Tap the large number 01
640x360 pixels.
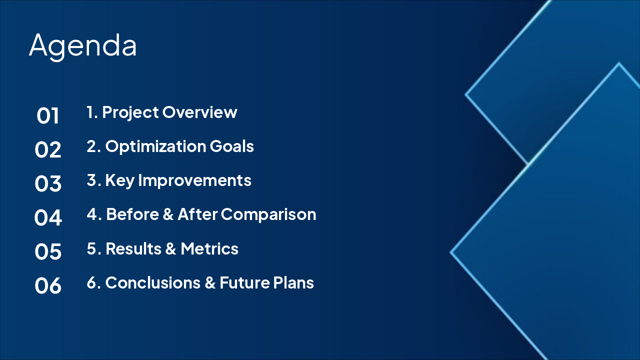[47, 115]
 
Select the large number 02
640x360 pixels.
[47, 149]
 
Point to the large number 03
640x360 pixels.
[47, 183]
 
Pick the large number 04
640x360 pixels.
[47, 217]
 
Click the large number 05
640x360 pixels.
[47, 251]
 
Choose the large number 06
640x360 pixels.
[47, 285]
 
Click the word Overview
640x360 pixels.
[199, 112]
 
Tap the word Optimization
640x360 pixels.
[155, 147]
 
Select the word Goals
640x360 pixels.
[231, 146]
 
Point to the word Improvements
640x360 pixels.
[194, 181]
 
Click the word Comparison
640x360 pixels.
[268, 215]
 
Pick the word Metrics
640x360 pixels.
[209, 248]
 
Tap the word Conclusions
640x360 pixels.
[153, 283]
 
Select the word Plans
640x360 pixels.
[293, 283]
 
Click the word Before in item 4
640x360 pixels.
[132, 214]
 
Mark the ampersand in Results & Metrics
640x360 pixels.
[170, 248]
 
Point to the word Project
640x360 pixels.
[130, 112]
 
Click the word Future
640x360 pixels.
[245, 283]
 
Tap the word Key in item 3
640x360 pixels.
[119, 181]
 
